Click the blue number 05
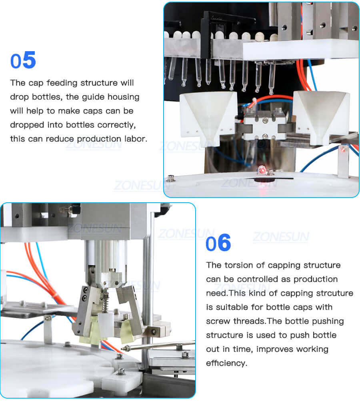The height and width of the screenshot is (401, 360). pyautogui.click(x=23, y=60)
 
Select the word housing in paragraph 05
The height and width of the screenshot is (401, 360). pyautogui.click(x=120, y=97)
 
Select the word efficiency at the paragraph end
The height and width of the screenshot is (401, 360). pyautogui.click(x=226, y=363)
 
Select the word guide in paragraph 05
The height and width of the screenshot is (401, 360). pyautogui.click(x=79, y=97)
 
